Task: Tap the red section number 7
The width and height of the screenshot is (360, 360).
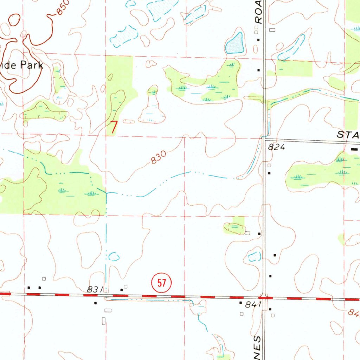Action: coord(114,127)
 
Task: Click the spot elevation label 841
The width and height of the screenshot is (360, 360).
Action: coord(253,305)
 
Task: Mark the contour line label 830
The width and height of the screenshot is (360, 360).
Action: coord(158,159)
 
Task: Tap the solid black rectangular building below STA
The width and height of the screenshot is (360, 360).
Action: coord(355,149)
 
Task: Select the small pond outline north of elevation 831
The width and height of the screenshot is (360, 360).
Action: coord(114,257)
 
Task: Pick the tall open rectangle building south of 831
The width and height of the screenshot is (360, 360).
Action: coord(103,321)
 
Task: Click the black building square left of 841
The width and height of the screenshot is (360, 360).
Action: coord(241,302)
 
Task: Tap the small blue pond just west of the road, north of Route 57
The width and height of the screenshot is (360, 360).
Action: coord(254,257)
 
